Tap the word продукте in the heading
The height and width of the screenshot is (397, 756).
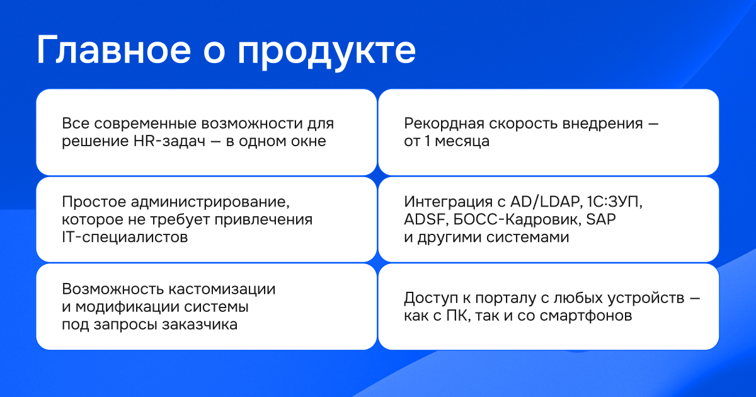coord(326,52)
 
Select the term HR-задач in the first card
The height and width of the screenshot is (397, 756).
coord(169,141)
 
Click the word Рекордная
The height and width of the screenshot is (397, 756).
coord(444,124)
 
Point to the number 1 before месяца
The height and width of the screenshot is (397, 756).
coord(427,141)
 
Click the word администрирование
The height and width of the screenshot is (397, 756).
coord(210,202)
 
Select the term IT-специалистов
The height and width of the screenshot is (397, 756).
coord(125,237)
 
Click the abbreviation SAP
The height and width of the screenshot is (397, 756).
coord(601,219)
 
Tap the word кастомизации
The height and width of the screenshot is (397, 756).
coord(222,289)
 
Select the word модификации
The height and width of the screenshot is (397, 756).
coord(127,308)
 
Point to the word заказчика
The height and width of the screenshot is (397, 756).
coord(200,325)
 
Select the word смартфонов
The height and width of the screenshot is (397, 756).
coord(585,316)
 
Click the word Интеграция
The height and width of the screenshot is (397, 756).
coord(448,202)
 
